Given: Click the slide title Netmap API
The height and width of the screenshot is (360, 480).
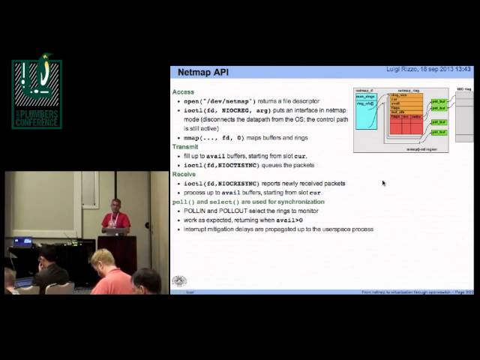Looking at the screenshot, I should pyautogui.click(x=202, y=73).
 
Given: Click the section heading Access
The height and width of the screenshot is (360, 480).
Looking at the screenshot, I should pyautogui.click(x=183, y=91).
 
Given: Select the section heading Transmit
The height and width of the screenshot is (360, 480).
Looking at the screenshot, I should pyautogui.click(x=185, y=147).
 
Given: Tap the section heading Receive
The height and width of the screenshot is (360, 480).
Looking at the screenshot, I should pyautogui.click(x=184, y=174).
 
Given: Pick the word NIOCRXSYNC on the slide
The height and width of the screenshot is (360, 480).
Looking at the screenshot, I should pyautogui.click(x=238, y=184).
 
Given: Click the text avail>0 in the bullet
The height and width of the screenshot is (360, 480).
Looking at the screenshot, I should pyautogui.click(x=289, y=220).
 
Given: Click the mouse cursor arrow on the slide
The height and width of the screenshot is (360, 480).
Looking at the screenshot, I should pyautogui.click(x=383, y=182).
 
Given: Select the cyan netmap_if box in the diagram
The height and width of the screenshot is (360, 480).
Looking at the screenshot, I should pyautogui.click(x=365, y=111).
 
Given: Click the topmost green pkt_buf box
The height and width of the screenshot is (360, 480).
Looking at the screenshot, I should pyautogui.click(x=439, y=100).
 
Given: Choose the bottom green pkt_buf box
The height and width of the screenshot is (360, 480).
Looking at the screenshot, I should pyautogui.click(x=439, y=131).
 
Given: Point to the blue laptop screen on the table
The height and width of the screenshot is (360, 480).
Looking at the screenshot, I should pyautogui.click(x=22, y=242).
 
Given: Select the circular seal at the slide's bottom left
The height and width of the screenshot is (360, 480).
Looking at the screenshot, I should pyautogui.click(x=178, y=281).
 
